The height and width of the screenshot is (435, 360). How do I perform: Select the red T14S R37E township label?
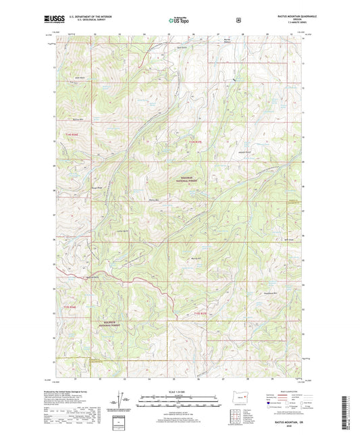(x=195, y=141)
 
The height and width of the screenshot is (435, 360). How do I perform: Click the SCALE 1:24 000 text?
(x=179, y=392)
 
